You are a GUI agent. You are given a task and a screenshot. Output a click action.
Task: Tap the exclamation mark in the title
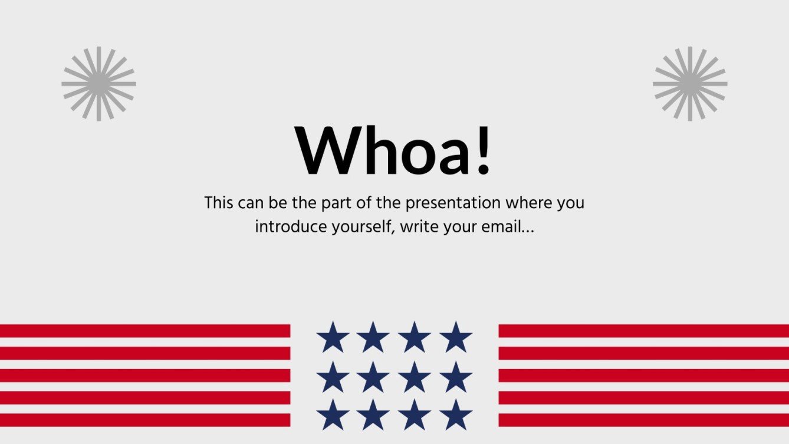coord(484,151)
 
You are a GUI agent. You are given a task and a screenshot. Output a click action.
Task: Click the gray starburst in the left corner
coord(98,84)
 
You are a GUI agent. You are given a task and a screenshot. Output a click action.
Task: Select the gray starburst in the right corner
coord(690,84)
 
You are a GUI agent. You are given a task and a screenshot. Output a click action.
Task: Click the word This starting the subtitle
coord(219,203)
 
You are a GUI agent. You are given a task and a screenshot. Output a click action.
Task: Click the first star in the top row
coord(332,338)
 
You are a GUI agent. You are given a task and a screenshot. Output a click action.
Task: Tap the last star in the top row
coord(456,338)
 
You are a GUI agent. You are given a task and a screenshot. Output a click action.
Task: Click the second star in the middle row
coord(373,377)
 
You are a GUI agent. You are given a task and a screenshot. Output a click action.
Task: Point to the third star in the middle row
coord(415,377)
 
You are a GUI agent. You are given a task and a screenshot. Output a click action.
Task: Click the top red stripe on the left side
coord(144,331)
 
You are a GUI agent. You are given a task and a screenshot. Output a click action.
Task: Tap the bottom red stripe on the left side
coord(144,420)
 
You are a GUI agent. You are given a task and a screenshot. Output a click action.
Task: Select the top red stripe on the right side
coord(643,331)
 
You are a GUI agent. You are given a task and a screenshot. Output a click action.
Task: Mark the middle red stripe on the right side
coord(643,376)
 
